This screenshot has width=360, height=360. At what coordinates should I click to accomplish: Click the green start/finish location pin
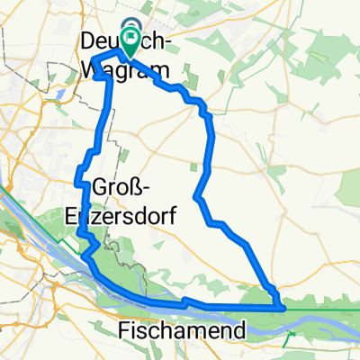pos(131,37)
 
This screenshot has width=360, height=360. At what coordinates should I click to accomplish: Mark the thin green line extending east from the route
pos(324,308)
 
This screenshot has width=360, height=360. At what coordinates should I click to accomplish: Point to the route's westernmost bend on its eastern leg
pos(196,197)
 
